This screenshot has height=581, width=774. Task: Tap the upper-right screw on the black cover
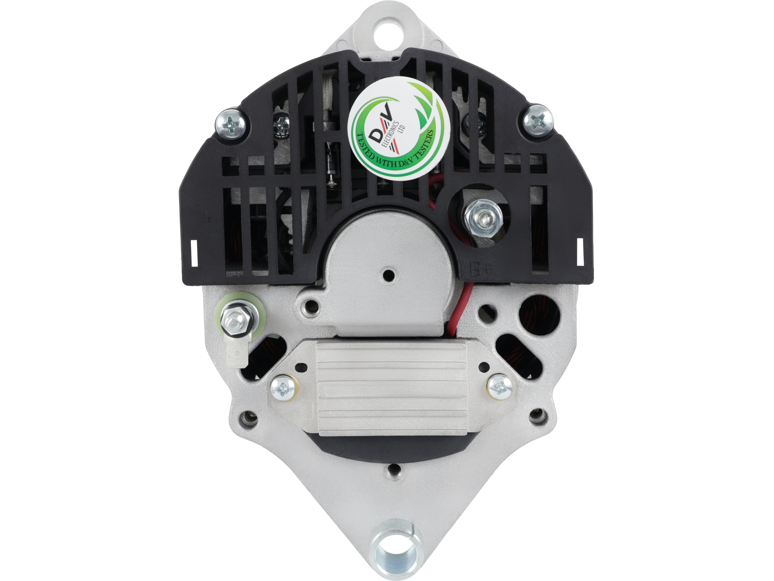click(x=539, y=120)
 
